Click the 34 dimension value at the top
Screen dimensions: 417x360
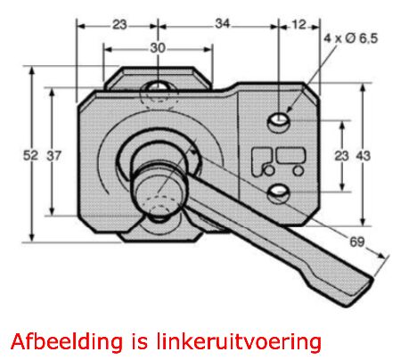(x=223, y=23)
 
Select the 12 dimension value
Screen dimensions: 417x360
(x=298, y=24)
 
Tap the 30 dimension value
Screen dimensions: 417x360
(x=158, y=48)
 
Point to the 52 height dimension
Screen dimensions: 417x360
(x=30, y=155)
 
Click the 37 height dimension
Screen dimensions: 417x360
(x=53, y=155)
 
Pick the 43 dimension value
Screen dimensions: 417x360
(x=363, y=155)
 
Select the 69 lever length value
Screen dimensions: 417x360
(x=356, y=241)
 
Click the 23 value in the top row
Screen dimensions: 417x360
(x=119, y=24)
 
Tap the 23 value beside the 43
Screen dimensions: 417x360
(x=341, y=155)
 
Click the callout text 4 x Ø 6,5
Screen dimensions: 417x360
(x=350, y=38)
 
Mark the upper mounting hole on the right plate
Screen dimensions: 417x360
(x=278, y=121)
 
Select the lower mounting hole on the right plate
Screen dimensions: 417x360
(x=278, y=193)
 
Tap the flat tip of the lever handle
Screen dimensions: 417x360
(x=361, y=292)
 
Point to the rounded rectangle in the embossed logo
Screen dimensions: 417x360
(x=290, y=156)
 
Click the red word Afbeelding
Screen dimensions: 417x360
(x=67, y=341)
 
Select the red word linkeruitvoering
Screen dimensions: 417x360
(x=239, y=342)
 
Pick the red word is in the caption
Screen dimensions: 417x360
(x=139, y=341)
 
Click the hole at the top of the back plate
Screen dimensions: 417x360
(x=158, y=86)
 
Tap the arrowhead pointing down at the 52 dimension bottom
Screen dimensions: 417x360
(x=32, y=237)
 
